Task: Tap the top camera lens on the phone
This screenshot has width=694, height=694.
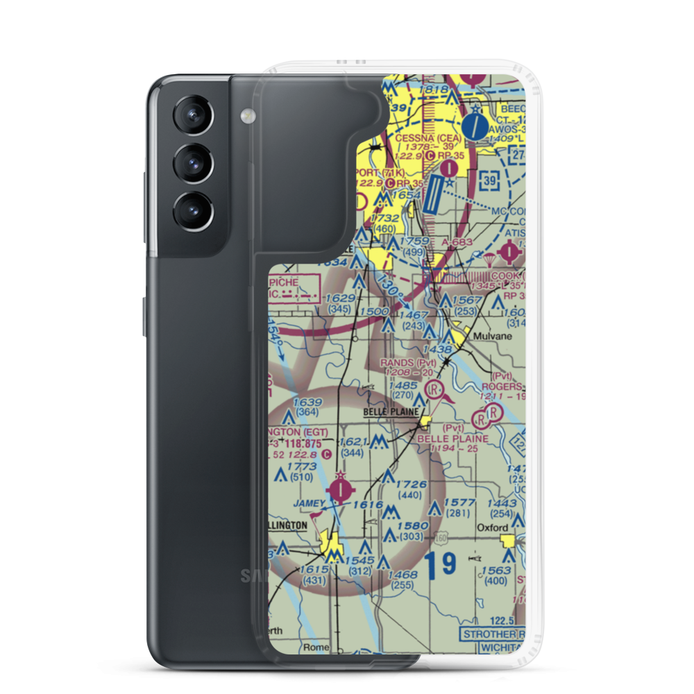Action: pos(192,115)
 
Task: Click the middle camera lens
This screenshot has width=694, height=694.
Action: pos(192,162)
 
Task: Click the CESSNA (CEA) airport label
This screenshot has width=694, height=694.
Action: pos(428,137)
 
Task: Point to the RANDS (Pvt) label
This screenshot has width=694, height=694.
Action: pos(408,362)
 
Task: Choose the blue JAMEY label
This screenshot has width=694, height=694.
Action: pos(310,502)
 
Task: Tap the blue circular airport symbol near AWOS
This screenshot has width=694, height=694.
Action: pos(475,126)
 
